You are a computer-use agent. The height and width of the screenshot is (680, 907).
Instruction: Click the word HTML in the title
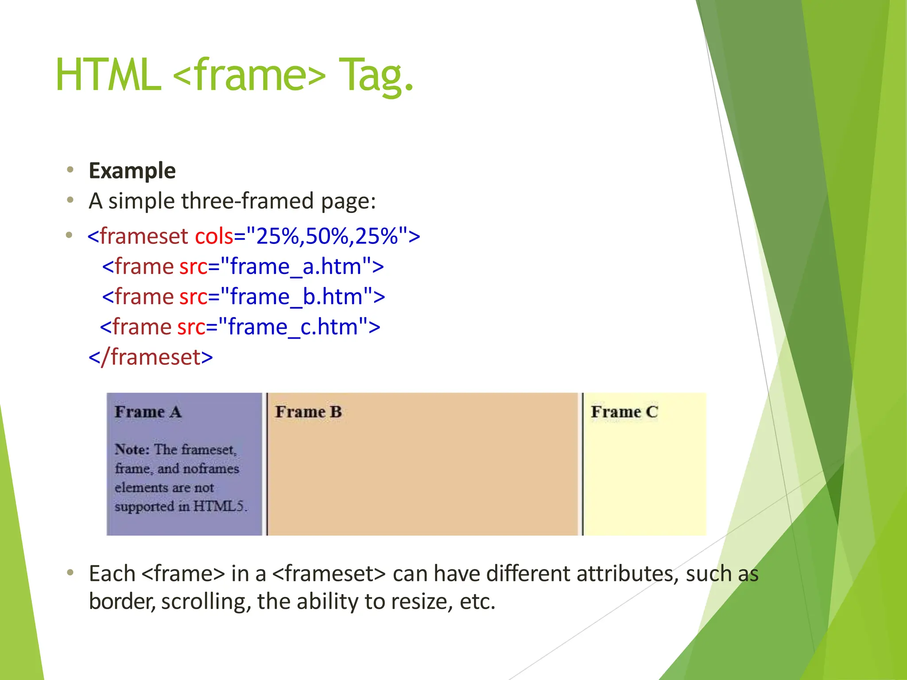108,75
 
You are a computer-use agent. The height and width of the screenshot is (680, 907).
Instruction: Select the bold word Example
132,171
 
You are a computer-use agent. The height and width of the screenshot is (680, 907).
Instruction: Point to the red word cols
213,236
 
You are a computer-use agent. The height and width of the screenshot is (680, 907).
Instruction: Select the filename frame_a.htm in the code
295,267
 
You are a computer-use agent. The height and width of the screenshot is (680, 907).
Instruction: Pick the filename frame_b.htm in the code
296,297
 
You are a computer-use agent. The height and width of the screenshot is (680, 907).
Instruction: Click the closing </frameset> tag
151,357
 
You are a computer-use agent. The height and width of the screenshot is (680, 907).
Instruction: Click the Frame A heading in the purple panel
148,412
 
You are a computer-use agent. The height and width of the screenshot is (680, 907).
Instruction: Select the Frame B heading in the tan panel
308,412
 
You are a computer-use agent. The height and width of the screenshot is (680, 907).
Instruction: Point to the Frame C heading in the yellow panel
624,412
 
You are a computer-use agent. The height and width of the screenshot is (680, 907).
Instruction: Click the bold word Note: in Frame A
132,450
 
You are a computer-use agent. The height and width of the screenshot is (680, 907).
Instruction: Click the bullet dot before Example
70,170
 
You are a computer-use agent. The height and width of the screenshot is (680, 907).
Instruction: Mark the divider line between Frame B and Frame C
582,464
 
